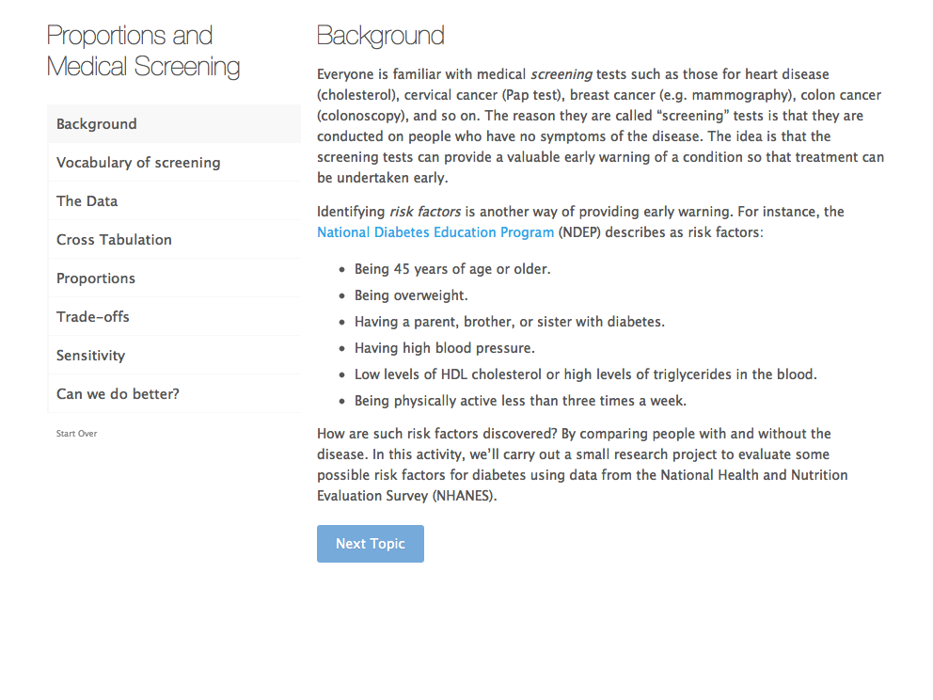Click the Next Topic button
click(x=370, y=544)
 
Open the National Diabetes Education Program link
click(x=435, y=232)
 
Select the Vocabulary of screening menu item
click(x=138, y=163)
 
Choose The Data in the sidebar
click(x=87, y=201)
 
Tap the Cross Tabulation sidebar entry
click(x=114, y=240)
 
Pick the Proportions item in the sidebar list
click(x=96, y=278)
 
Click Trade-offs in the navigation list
click(x=93, y=317)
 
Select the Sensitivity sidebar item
click(x=90, y=356)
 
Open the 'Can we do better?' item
click(x=118, y=394)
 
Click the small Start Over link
click(x=76, y=434)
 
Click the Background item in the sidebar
click(x=97, y=124)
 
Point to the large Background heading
click(x=380, y=36)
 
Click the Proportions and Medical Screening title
click(x=143, y=51)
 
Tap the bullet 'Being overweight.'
click(x=411, y=295)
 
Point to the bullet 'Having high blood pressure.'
click(x=444, y=348)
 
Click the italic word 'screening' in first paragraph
click(x=561, y=74)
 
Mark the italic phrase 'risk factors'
click(x=425, y=212)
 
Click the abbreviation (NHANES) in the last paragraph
click(x=465, y=496)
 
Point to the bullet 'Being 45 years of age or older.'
click(x=452, y=269)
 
